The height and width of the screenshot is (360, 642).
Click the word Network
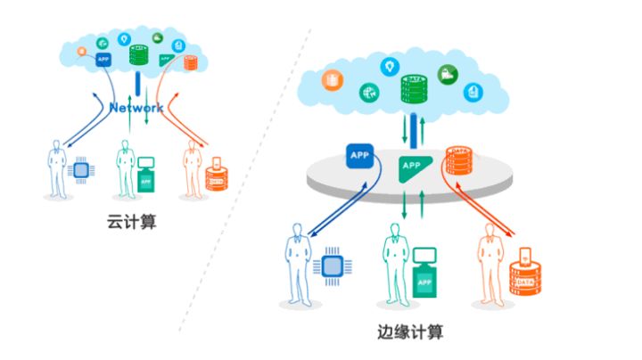point(136,108)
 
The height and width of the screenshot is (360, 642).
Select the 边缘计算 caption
point(410,333)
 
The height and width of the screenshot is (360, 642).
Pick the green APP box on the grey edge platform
point(412,165)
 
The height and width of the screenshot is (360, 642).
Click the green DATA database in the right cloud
point(413,89)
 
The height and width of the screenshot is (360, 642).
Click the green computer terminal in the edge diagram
point(425,273)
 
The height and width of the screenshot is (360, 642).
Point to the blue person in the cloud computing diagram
point(58,166)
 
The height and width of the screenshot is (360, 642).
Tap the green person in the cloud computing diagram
point(124,166)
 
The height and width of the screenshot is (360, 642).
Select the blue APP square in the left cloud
point(103,60)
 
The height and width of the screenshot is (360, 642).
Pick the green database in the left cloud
point(137,54)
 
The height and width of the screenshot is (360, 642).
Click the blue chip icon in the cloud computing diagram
point(81,169)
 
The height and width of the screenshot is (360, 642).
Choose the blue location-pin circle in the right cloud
point(390,66)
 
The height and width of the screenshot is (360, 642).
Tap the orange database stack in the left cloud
point(190,62)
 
